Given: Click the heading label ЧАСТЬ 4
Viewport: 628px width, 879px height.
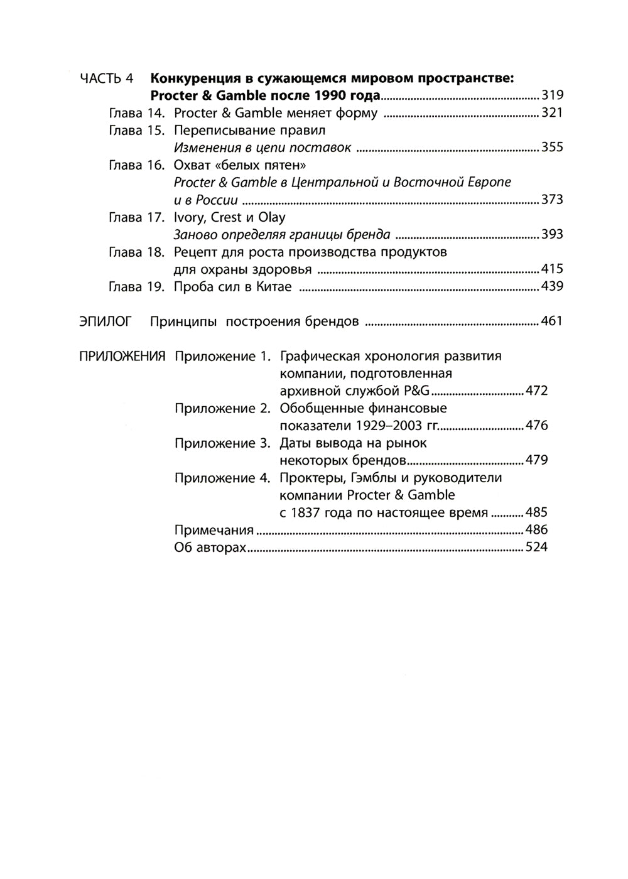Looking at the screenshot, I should [x=107, y=79].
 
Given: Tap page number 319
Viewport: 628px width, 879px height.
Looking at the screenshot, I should [x=552, y=96].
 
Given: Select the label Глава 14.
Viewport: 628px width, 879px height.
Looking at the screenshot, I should [x=136, y=114].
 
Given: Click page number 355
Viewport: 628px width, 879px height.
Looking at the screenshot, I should [x=552, y=148].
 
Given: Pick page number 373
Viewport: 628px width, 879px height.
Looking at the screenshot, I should [x=552, y=200].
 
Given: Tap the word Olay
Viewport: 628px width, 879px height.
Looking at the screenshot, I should [x=272, y=218].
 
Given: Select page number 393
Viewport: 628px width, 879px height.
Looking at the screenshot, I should [x=552, y=235].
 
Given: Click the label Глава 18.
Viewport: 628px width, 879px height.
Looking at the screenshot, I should [x=136, y=252].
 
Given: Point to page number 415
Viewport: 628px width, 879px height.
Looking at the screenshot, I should [x=552, y=270].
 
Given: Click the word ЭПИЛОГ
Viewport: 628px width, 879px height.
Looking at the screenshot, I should [x=106, y=322].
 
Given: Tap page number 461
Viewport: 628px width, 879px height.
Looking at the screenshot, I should [x=552, y=322].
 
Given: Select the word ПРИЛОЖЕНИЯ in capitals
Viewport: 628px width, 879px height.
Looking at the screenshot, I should [x=122, y=357].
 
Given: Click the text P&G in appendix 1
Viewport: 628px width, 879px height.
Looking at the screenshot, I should [x=416, y=391].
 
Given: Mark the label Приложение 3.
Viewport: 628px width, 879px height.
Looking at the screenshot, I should [x=223, y=443].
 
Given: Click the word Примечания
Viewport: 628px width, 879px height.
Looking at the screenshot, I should [x=214, y=530].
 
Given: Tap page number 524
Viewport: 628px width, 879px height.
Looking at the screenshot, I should [x=537, y=547].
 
